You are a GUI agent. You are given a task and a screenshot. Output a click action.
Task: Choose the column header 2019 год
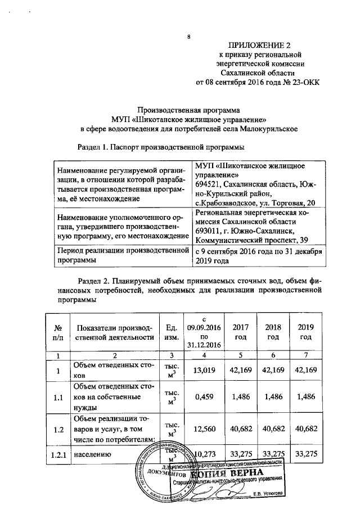[305, 332]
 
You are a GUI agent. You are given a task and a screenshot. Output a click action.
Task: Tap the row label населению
[92, 453]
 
